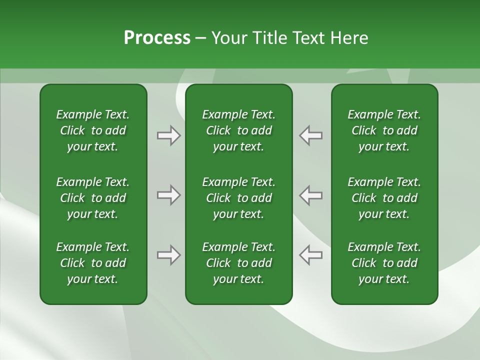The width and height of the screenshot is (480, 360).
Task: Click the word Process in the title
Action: [x=157, y=38]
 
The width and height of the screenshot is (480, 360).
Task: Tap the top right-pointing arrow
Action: [x=169, y=135]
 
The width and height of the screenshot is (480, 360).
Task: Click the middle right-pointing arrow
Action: [x=169, y=195]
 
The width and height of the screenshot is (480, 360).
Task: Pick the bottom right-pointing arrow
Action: [x=169, y=255]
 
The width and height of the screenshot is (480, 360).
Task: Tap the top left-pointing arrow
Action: [x=310, y=135]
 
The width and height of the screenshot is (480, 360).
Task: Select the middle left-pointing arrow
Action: [x=310, y=195]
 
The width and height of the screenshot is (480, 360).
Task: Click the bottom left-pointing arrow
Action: [x=310, y=255]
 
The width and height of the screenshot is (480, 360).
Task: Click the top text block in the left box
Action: [x=93, y=130]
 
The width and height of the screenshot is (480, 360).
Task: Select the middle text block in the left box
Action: [x=93, y=198]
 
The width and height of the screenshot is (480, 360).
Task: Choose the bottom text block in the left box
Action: [x=93, y=263]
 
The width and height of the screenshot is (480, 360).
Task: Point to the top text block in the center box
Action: [x=238, y=130]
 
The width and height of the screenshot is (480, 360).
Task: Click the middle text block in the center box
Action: [x=238, y=198]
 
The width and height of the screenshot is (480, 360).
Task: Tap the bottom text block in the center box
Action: [x=238, y=263]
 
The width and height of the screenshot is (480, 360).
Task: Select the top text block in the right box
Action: [x=384, y=130]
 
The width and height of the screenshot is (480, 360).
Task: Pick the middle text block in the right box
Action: [x=384, y=198]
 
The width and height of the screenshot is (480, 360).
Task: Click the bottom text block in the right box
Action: [x=384, y=263]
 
